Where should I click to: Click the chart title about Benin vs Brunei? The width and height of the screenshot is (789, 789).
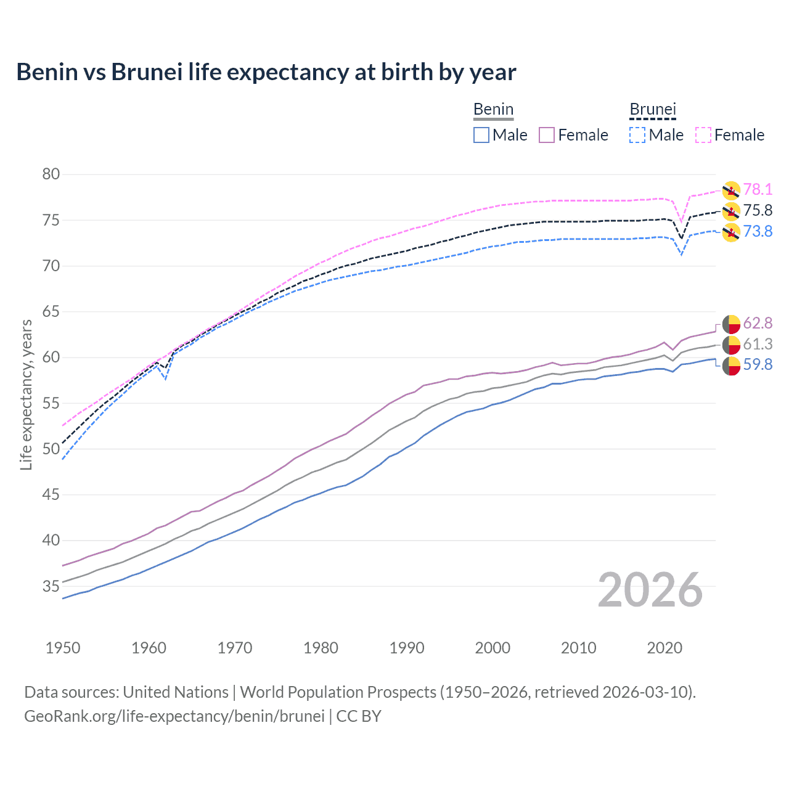[266, 72]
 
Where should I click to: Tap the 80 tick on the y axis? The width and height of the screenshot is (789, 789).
[51, 174]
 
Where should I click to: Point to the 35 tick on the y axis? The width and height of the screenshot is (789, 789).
[51, 586]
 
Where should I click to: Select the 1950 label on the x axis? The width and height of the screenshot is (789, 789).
[63, 648]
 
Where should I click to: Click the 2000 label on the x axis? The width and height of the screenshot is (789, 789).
[493, 648]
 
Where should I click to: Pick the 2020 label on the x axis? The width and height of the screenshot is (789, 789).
[664, 648]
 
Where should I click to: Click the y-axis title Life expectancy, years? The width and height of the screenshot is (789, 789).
[26, 394]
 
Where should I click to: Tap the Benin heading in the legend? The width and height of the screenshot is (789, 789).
[493, 110]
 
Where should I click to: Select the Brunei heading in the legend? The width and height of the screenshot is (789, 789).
[653, 110]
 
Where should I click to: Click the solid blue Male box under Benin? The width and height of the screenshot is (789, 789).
[481, 135]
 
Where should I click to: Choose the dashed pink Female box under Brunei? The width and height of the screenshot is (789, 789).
[703, 135]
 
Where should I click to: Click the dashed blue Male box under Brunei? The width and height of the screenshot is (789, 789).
[637, 135]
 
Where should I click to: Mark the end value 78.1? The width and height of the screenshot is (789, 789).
[758, 190]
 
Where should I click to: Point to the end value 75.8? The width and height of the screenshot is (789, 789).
[758, 211]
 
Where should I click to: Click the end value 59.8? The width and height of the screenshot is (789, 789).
[758, 365]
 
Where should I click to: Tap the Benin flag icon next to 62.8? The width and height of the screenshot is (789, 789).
[731, 324]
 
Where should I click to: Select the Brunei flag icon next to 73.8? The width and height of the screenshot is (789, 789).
[731, 232]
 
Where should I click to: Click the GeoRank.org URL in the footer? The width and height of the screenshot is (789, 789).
[174, 716]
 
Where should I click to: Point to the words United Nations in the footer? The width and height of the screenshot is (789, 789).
[176, 692]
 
